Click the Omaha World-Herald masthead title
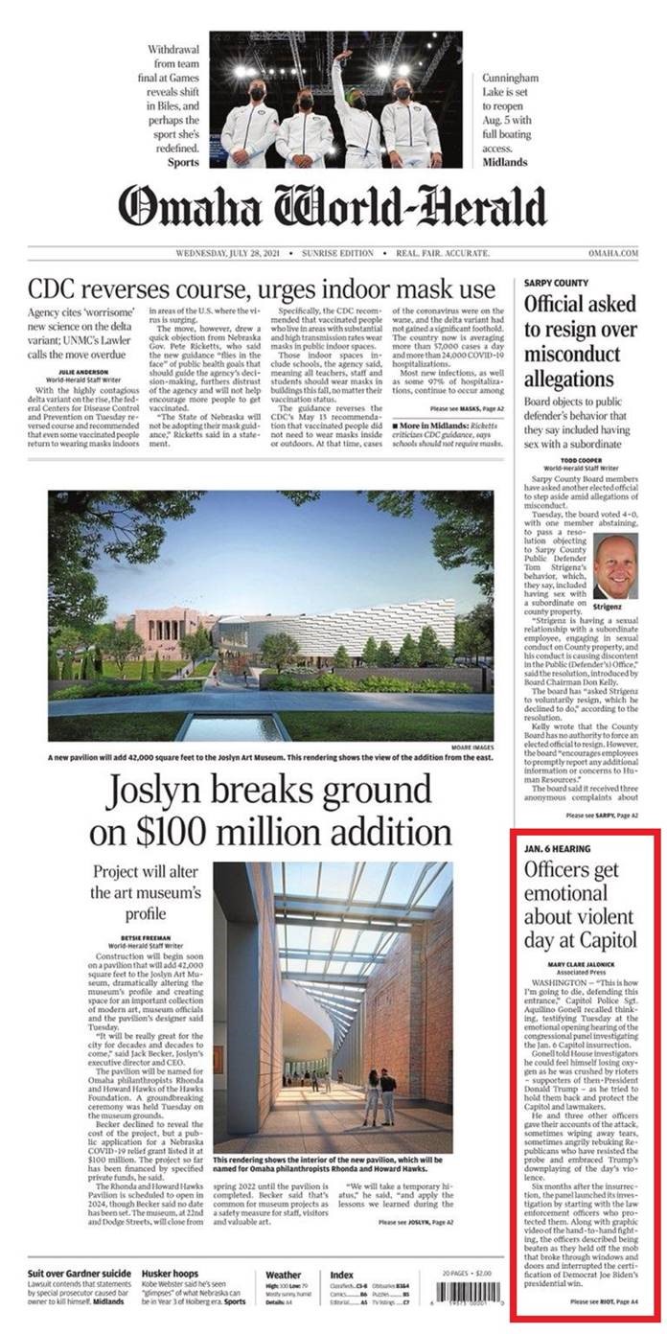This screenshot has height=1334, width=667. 333,206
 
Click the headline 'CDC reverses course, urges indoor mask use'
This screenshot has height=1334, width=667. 262,287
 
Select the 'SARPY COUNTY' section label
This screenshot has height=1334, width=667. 555,284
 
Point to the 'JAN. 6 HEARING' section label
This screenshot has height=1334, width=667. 557,849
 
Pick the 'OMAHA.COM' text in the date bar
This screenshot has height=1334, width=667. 613,253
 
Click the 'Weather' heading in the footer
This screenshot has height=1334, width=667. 283,1275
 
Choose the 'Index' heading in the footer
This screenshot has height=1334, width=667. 341,1275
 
